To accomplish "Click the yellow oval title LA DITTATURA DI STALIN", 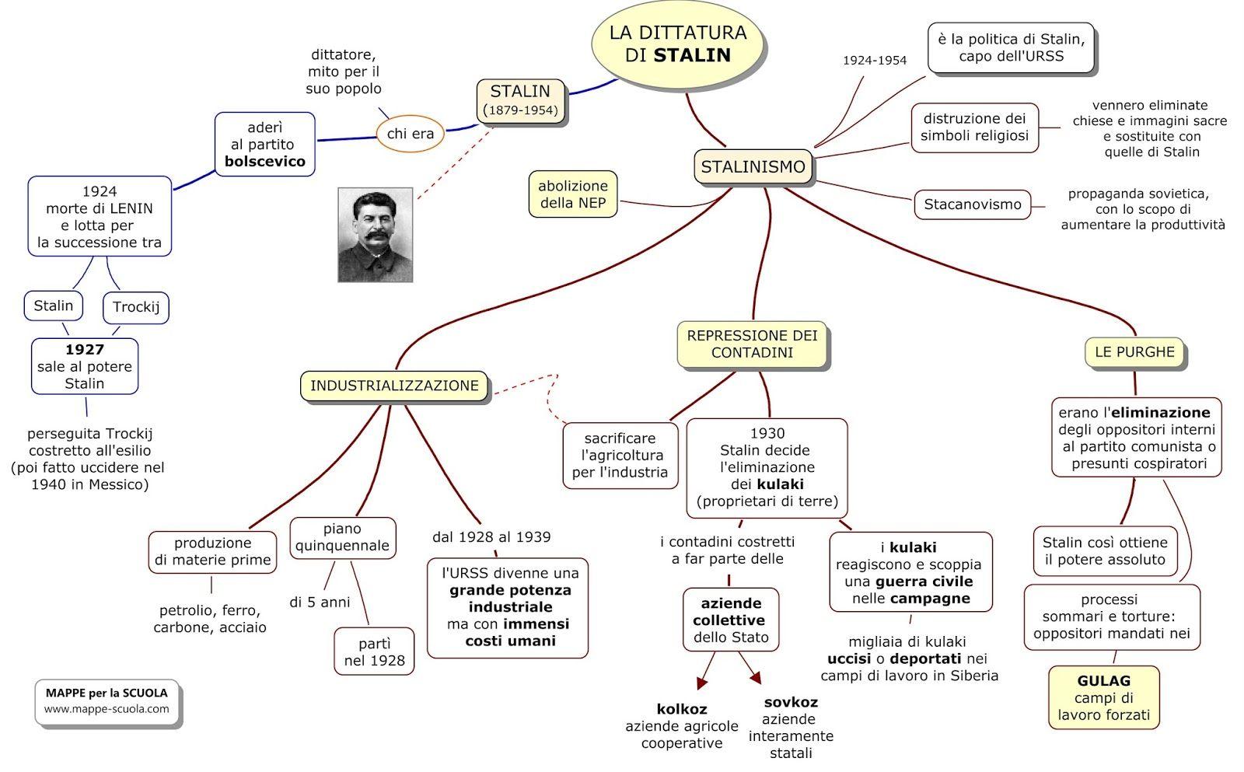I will click(677, 44).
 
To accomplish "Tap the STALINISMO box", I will click(753, 167).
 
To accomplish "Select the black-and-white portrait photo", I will click(375, 234).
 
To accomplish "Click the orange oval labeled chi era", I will click(410, 134).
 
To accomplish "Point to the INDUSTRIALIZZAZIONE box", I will click(394, 386).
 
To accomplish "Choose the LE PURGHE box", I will click(1134, 352).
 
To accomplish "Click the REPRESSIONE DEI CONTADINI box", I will click(752, 344).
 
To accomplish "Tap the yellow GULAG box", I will click(1103, 697).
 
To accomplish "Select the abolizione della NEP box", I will click(573, 194).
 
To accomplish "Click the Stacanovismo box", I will click(972, 204).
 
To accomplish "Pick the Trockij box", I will click(135, 307).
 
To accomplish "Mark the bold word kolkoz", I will click(682, 709).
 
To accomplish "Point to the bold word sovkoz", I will click(791, 702).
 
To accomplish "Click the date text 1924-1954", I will click(874, 61).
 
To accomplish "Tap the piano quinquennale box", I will click(342, 537).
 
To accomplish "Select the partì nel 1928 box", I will click(374, 652).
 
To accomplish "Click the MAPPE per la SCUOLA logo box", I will click(107, 700).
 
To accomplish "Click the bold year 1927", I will click(85, 350).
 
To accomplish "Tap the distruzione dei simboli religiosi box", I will click(974, 128).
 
